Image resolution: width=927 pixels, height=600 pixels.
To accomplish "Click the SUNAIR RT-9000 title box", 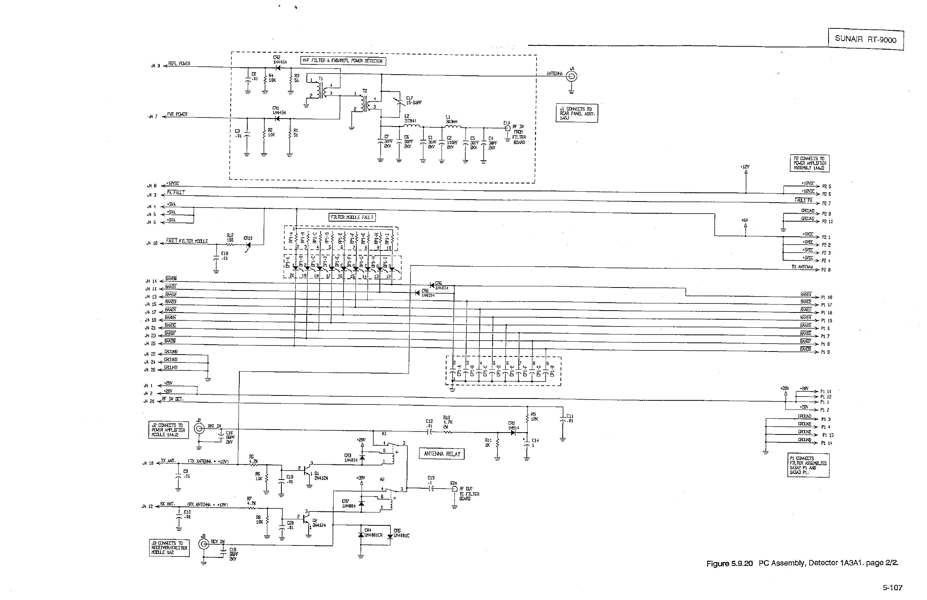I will (865, 39).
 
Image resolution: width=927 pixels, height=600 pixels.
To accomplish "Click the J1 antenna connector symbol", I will (571, 77).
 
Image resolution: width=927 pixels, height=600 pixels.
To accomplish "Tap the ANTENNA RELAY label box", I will (442, 454).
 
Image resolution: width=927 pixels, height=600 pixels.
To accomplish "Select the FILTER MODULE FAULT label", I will (352, 217).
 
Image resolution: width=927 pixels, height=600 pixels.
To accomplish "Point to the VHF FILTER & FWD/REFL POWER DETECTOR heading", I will (343, 61).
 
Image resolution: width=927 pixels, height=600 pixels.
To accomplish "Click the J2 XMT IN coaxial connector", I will (200, 429).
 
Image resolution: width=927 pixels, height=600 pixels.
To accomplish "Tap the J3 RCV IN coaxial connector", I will (204, 544).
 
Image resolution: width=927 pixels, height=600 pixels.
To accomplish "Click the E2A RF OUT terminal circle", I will (454, 489).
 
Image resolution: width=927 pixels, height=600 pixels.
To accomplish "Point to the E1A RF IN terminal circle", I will (507, 128).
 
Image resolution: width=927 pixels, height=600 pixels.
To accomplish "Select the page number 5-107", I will (892, 587).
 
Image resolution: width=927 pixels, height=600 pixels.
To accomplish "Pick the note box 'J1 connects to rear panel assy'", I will (576, 113).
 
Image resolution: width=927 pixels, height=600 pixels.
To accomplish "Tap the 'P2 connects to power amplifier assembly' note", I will (809, 163).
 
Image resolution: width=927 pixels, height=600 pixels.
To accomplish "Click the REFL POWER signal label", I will (179, 64).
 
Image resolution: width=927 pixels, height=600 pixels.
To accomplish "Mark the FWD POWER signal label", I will (177, 114).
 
